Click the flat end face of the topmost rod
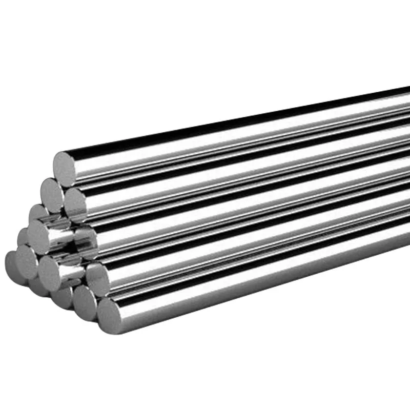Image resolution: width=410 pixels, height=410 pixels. tap(65, 165)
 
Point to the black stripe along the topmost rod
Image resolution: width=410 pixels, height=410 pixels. tap(231, 123)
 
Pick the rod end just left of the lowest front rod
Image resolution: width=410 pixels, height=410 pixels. tap(84, 302)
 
